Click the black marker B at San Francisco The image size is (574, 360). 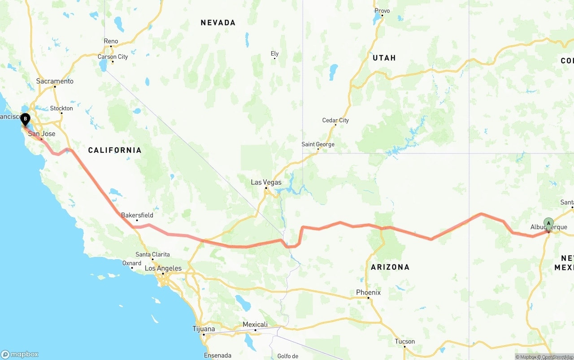tap(25, 119)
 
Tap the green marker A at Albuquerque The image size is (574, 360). tap(548, 223)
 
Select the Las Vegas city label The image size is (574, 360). tap(266, 182)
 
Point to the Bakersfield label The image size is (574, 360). tap(137, 215)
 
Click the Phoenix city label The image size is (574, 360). tap(368, 292)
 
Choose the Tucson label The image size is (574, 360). tap(404, 341)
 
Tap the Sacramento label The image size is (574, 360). tap(55, 81)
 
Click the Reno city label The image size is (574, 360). tap(111, 41)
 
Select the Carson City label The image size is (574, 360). tap(113, 56)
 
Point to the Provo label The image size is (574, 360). tap(382, 11)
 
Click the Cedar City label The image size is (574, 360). tap(335, 120)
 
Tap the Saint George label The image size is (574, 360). tap(317, 144)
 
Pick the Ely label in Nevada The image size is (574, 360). tap(274, 54)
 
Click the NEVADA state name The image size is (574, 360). tap(218, 22)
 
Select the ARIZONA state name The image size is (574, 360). tap(390, 267)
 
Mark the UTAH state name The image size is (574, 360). tap(384, 58)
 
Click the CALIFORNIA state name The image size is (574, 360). tap(115, 150)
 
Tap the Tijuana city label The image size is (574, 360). tap(204, 329)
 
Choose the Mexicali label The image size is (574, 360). tap(255, 325)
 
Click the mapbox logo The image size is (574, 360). tap(20, 354)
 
